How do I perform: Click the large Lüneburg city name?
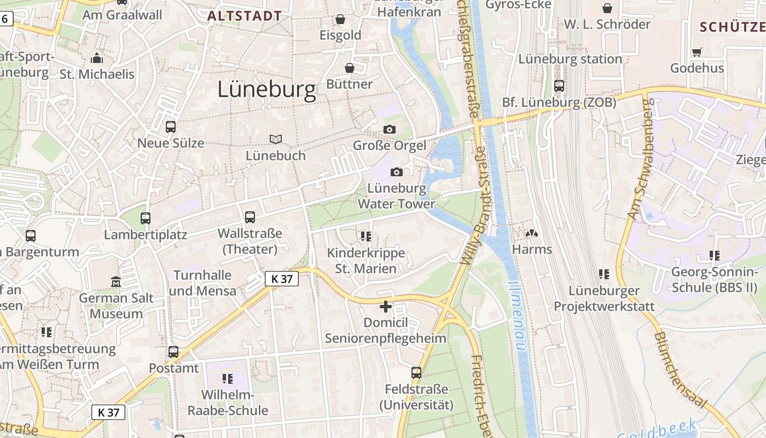click(267, 90)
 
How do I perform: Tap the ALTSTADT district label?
click(245, 16)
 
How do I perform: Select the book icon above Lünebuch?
click(276, 140)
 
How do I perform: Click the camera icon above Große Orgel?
click(389, 129)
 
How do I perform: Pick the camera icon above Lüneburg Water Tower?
click(397, 172)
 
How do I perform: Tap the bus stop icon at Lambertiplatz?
click(146, 218)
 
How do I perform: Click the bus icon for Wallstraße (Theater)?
click(250, 217)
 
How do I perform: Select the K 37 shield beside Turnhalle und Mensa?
click(282, 279)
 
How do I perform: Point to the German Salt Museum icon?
click(116, 282)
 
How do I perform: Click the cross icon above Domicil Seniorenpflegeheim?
click(386, 307)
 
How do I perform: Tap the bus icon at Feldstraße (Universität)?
click(416, 373)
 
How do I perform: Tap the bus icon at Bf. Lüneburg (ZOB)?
click(559, 86)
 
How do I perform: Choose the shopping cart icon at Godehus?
click(697, 52)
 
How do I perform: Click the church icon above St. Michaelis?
click(97, 58)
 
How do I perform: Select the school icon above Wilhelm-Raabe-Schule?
click(228, 378)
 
